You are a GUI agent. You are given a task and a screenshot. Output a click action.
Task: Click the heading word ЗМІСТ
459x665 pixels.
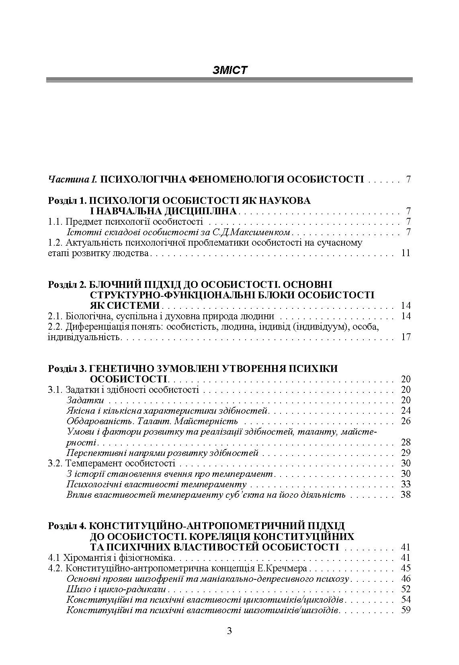coord(229,70)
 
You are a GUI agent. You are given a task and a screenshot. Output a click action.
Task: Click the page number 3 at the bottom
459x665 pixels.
coord(229,630)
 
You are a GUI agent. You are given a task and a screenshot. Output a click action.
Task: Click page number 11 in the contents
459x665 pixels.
coord(406,253)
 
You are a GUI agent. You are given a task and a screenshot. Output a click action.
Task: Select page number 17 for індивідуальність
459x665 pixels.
coord(406,337)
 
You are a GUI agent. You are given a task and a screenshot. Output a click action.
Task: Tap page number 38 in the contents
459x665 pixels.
coord(406,494)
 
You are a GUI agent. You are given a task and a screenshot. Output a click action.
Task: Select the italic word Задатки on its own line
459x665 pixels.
coord(85,400)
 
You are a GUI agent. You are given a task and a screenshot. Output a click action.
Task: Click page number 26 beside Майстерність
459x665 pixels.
coord(406,421)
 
